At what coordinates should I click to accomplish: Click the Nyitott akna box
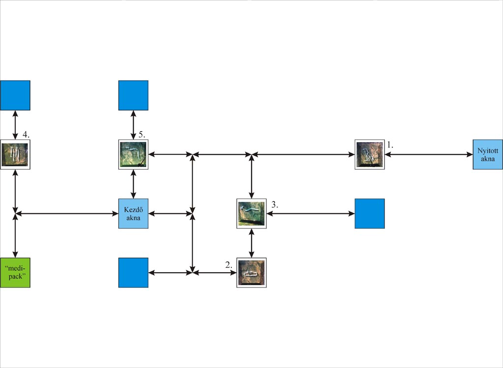(x=487, y=154)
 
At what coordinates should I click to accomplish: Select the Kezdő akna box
(x=133, y=213)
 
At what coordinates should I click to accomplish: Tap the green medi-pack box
(x=15, y=272)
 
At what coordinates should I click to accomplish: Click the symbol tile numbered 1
(x=369, y=154)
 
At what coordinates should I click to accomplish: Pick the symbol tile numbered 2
(x=251, y=272)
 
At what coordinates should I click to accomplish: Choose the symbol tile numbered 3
(x=251, y=213)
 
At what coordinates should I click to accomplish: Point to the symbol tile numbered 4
(x=15, y=154)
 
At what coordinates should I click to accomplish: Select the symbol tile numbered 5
(x=133, y=154)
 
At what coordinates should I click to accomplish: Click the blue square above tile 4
(x=15, y=95)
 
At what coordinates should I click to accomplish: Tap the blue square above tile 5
(x=133, y=95)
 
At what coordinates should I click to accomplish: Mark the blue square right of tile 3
(x=369, y=213)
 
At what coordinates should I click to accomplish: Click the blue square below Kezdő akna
(x=133, y=272)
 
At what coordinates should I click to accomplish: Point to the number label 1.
(x=390, y=145)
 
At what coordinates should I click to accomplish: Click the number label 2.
(x=228, y=264)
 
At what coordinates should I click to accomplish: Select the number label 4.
(x=27, y=134)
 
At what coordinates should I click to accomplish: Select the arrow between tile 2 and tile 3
(x=251, y=243)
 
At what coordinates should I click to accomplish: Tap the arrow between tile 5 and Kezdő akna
(x=133, y=184)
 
